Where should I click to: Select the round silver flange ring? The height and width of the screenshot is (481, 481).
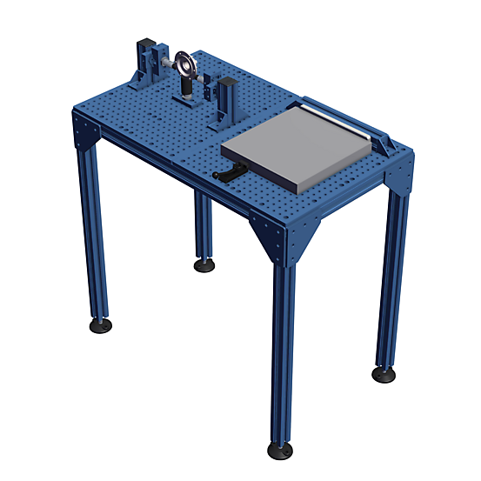(x=184, y=64)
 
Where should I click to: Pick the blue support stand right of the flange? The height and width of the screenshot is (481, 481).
(x=229, y=98)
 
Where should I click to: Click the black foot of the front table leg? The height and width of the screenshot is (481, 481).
(x=279, y=449)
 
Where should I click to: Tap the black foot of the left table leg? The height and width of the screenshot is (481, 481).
(x=100, y=325)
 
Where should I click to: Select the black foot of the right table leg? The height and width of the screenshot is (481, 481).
(x=383, y=373)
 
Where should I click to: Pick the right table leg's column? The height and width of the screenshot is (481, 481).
(x=389, y=278)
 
